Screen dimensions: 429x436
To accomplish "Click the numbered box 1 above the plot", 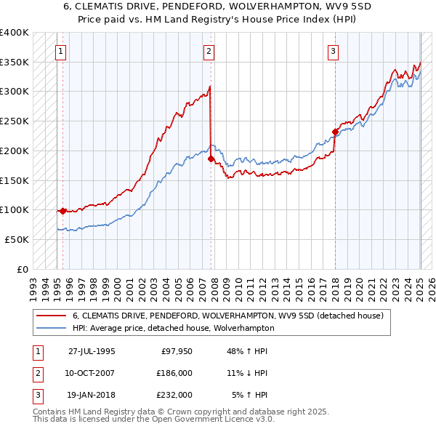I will (60, 51).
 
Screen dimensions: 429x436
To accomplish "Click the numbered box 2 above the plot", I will (209, 51).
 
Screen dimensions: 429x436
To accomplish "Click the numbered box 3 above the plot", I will (332, 51).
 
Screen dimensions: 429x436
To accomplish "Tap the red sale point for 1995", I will (63, 211).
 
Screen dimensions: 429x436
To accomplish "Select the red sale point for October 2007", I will (211, 159).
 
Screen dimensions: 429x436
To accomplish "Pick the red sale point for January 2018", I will (335, 132).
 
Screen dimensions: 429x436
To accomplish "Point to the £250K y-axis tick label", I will (14, 121).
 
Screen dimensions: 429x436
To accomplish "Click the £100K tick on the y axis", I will (14, 209).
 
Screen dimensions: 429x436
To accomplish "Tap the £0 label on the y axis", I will (22, 269).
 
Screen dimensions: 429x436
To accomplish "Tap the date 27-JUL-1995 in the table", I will (92, 350).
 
